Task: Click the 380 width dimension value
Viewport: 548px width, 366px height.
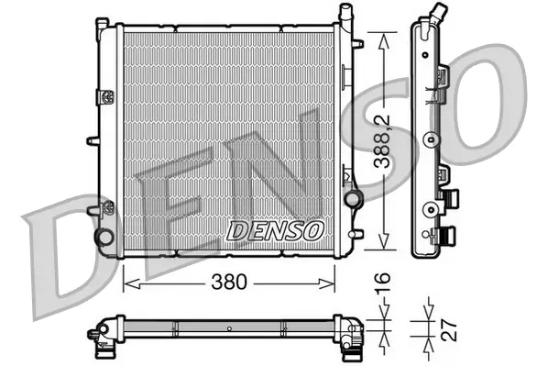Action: [x=230, y=283]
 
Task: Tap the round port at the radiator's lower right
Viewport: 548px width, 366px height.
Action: [x=351, y=199]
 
